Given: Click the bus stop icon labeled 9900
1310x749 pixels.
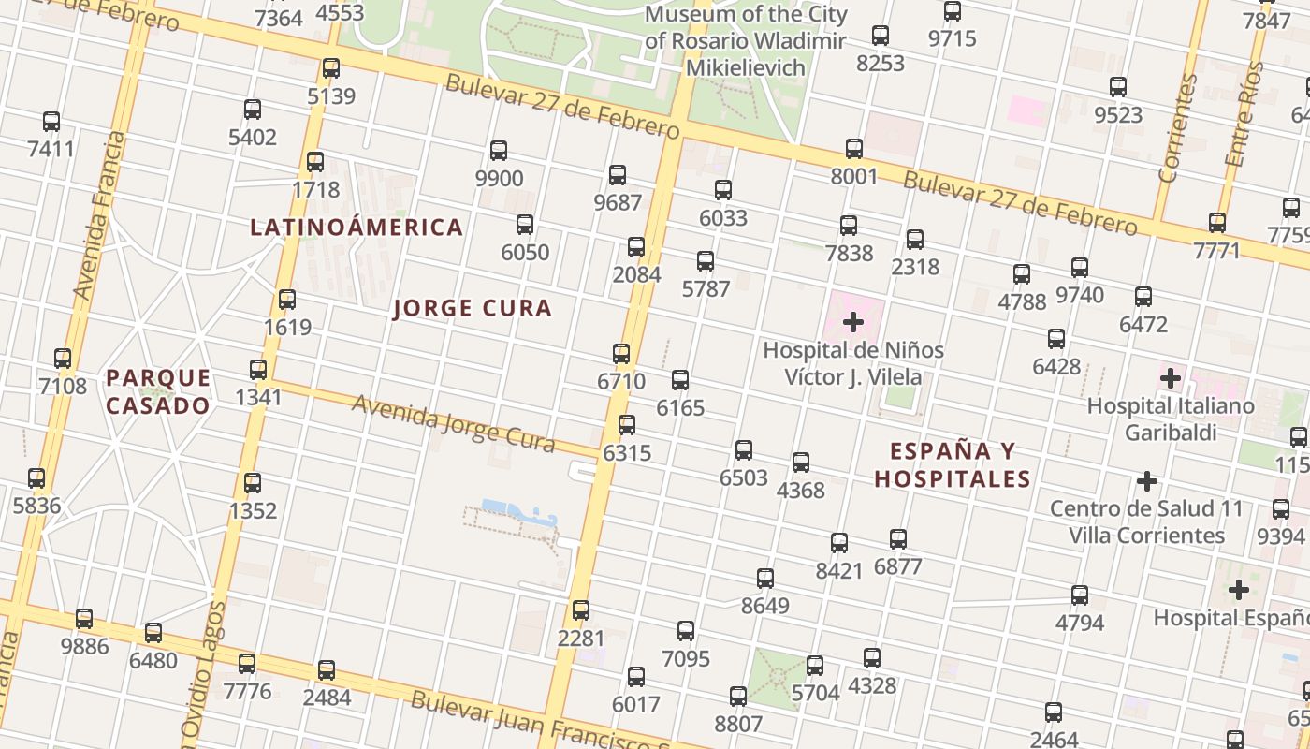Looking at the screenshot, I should [499, 150].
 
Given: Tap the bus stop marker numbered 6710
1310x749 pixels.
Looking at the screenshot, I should [621, 353].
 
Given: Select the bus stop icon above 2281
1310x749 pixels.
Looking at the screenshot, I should [581, 610].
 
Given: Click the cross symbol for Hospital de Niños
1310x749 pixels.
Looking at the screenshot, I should [853, 323].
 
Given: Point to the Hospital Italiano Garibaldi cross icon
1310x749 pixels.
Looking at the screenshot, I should [1170, 379].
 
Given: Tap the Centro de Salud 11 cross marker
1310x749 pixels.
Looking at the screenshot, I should [1147, 481].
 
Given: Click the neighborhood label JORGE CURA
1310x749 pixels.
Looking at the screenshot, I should [473, 308].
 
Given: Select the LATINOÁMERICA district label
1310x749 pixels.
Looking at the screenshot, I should [357, 227].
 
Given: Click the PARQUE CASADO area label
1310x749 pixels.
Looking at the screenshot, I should [158, 391].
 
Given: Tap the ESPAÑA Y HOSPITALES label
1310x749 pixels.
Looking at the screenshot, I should [953, 464].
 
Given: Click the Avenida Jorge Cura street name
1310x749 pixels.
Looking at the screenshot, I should [453, 424].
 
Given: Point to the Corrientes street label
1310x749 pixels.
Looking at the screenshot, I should [1177, 128].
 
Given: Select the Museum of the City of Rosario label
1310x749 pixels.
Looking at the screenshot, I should [746, 41].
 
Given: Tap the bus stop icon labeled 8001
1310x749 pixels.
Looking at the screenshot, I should [854, 148].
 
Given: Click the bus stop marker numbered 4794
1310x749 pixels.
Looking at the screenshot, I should [1080, 595].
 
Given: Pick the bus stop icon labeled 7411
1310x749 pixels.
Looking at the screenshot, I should [51, 121].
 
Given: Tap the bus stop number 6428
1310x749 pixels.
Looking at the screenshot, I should [1056, 338].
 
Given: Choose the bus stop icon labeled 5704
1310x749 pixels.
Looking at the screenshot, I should [815, 666].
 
